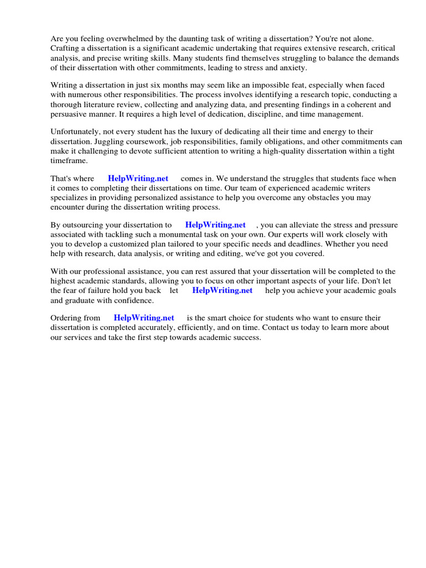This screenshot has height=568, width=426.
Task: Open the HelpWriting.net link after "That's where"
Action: [x=138, y=179]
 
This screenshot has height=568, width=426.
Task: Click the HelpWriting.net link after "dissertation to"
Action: [x=215, y=225]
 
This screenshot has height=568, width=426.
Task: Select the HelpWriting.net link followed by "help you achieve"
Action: [x=222, y=291]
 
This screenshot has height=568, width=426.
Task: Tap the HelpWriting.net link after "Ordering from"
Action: [x=144, y=318]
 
